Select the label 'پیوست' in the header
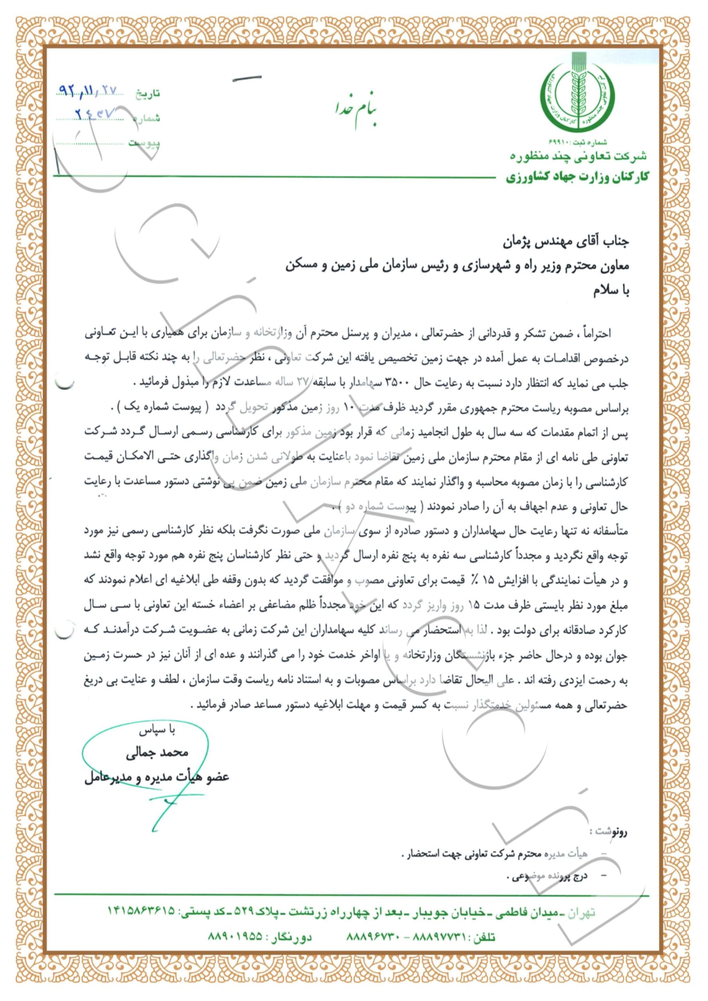click(144, 143)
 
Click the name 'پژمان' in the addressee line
click(520, 243)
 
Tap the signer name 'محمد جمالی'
click(157, 753)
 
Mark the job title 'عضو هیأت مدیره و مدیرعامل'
click(156, 777)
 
